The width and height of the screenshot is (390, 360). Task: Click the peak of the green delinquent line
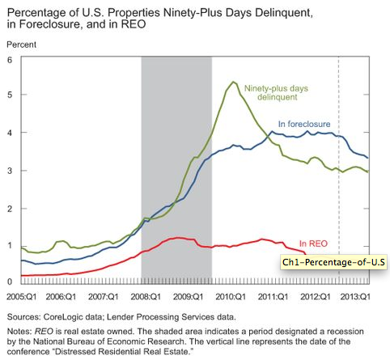pos(233,83)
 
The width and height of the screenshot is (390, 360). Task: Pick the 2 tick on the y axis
pos(9,209)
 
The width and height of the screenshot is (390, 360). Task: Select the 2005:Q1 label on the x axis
pos(19,296)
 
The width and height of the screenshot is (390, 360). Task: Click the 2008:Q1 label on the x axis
pos(146,296)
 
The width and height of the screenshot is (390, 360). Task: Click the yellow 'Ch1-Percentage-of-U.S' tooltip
pos(324,262)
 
